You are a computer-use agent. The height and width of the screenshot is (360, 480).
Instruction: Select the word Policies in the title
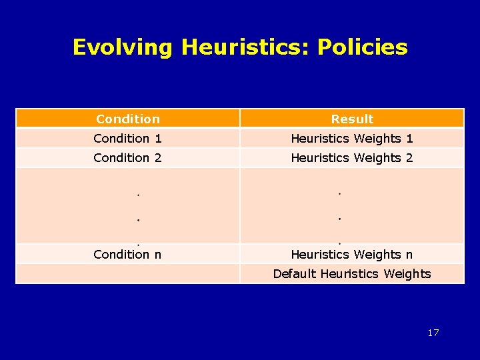click(362, 47)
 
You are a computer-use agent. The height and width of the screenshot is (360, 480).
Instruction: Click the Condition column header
click(128, 119)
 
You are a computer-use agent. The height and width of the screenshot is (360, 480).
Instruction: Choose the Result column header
click(352, 119)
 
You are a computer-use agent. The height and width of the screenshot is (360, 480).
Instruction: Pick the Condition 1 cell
click(128, 138)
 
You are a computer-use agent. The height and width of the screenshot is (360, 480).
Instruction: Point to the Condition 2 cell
click(128, 157)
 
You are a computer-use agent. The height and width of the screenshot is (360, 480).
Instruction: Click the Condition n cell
click(128, 254)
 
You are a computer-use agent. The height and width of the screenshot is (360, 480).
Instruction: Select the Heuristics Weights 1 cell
click(352, 138)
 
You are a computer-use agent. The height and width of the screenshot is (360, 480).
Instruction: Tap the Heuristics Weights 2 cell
click(352, 157)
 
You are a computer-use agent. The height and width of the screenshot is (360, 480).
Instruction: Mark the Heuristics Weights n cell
click(352, 254)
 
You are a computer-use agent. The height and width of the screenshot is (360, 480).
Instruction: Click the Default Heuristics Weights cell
click(352, 273)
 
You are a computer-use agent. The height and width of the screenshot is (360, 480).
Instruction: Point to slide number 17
click(433, 333)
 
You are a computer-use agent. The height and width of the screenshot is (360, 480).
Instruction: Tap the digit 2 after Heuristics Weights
click(409, 157)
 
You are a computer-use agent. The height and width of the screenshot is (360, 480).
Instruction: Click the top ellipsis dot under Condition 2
click(137, 195)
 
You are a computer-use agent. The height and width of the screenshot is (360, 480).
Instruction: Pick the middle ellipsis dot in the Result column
click(339, 218)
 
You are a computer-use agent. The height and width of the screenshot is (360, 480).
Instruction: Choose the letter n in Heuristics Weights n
click(409, 254)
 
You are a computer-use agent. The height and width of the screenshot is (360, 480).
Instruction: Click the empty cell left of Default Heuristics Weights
click(128, 273)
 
